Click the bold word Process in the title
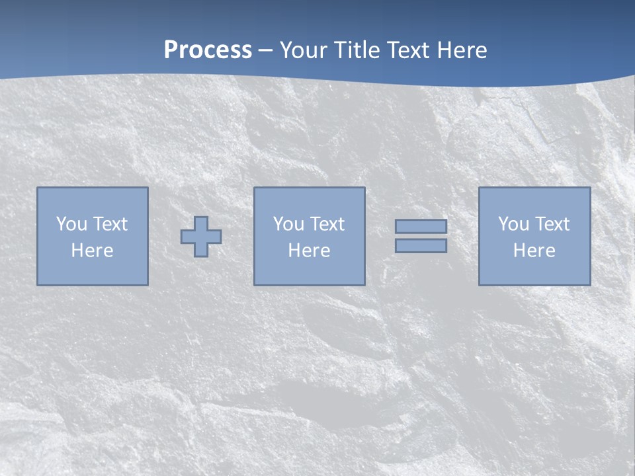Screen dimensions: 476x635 coord(208,50)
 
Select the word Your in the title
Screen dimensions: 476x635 coord(302,50)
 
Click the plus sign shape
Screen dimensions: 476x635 coord(201,237)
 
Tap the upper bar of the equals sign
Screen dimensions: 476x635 coord(421,227)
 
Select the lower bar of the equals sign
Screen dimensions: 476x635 coord(421,246)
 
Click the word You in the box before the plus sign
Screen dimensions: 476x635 coord(71,224)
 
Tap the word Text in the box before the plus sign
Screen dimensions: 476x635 coord(109,224)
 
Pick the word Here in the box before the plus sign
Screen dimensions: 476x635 coord(92,251)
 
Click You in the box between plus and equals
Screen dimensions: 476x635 coord(288,224)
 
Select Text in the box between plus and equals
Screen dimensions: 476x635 coord(326,224)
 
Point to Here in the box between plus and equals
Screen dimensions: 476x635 coord(309,251)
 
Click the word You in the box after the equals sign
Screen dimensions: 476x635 coord(513,224)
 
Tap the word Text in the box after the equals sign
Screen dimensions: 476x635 coord(551,224)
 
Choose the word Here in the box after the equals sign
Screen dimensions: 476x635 coord(534,251)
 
